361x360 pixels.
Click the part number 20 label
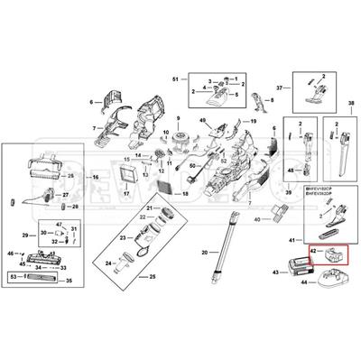(204, 252)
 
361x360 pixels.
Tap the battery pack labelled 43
(297, 266)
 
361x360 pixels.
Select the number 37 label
(280, 88)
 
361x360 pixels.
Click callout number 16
(95, 179)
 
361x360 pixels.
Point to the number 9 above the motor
(179, 121)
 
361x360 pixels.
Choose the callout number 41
(290, 239)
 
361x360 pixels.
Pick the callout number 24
(106, 263)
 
